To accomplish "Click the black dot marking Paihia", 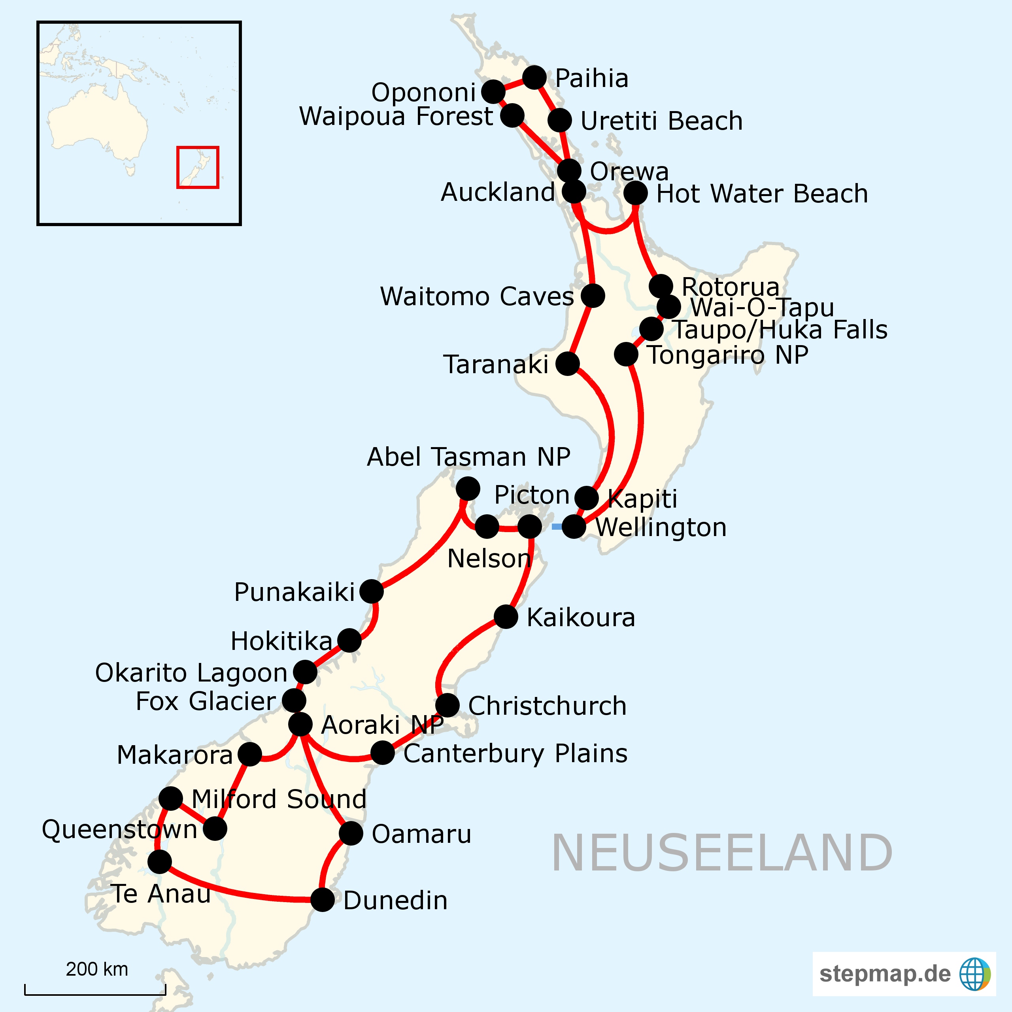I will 534,77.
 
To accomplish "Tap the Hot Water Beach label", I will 762,193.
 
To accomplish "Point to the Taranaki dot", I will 567,364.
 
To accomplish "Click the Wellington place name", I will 661,527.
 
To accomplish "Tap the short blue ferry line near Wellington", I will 557,527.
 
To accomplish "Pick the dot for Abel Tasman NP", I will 468,488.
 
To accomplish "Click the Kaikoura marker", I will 506,617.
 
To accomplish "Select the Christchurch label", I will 548,706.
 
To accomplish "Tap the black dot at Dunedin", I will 323,900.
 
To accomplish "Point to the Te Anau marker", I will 160,862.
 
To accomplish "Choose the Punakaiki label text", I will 295,592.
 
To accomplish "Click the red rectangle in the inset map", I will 198,167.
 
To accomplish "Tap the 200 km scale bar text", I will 97,970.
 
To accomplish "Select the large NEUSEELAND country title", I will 722,854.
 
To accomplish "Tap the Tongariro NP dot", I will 626,355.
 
